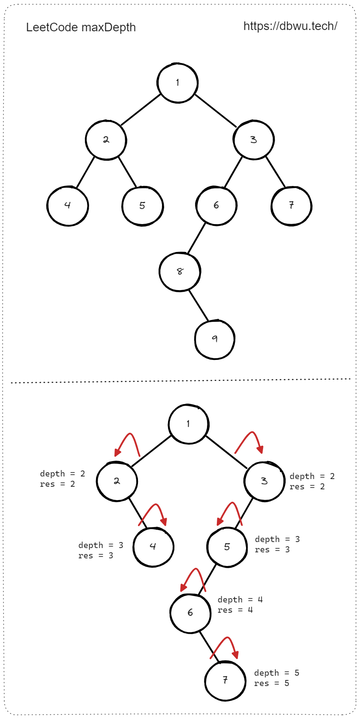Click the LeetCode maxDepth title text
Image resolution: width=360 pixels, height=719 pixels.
point(81,27)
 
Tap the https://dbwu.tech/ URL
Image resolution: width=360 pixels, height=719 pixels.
point(290,26)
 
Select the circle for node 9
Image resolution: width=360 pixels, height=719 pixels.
point(215,339)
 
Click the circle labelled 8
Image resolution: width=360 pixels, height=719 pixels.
point(180,272)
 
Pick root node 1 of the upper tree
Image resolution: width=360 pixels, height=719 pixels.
point(177,83)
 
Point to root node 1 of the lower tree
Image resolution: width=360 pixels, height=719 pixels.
point(189,424)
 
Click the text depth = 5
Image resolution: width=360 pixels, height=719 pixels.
point(276,673)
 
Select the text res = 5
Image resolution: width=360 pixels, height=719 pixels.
point(271,683)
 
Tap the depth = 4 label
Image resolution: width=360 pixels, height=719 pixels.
point(240,599)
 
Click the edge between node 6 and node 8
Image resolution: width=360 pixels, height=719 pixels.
point(196,238)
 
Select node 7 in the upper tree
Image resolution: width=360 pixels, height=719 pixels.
point(291,206)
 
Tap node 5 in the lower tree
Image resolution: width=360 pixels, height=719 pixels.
point(227,547)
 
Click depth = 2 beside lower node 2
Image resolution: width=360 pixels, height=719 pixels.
point(62,473)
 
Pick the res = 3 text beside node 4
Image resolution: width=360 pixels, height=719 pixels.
point(96,556)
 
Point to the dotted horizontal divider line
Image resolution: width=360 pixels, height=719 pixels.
point(180,380)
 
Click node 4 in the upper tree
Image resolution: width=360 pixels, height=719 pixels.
point(68,206)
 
